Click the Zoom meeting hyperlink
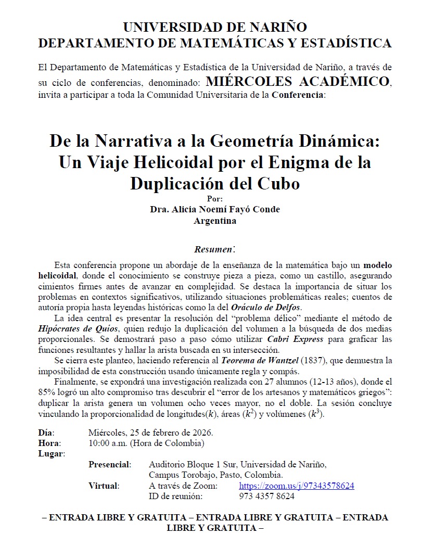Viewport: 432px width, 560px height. (296, 486)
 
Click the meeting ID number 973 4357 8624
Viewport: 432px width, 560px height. (266, 496)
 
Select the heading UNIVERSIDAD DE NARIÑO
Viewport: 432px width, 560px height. (215, 27)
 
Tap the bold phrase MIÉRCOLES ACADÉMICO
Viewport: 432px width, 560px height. (297, 82)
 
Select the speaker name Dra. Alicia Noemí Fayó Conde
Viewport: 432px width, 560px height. (215, 209)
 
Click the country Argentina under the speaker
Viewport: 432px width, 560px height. (215, 220)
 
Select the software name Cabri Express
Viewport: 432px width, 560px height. (299, 339)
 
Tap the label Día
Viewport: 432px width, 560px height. (46, 433)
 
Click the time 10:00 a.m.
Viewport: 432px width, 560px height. (108, 443)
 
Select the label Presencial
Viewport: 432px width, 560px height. (109, 464)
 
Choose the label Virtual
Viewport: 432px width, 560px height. (104, 486)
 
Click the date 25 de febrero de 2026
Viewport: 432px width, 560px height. (173, 433)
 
